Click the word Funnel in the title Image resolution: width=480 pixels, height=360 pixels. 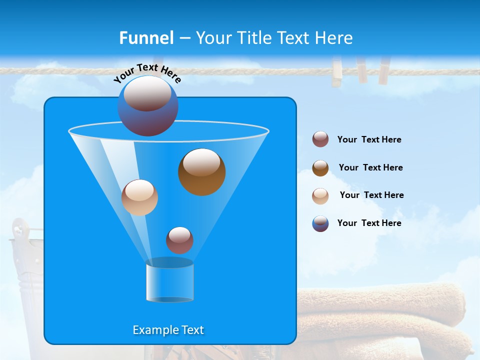tap(146, 38)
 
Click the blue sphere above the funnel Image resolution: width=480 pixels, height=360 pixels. tap(147, 106)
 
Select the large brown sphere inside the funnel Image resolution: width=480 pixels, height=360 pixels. tap(201, 172)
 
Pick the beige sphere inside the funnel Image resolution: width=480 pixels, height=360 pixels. tap(139, 197)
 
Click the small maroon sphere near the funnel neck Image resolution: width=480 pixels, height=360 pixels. tap(179, 240)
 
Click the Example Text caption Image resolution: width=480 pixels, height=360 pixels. tap(168, 330)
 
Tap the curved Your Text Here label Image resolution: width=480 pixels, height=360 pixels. tap(147, 73)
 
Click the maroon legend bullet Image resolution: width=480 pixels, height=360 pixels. tap(320, 139)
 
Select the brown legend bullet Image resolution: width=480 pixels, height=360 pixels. tap(320, 168)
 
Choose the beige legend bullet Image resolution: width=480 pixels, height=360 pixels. tap(320, 195)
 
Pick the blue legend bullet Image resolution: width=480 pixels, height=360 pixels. tap(320, 223)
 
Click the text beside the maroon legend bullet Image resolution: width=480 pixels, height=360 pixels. tap(369, 140)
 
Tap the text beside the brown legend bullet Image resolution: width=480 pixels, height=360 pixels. tap(370, 168)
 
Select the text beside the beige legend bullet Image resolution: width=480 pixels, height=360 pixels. tap(371, 195)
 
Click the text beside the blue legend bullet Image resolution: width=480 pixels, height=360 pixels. tap(369, 223)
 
